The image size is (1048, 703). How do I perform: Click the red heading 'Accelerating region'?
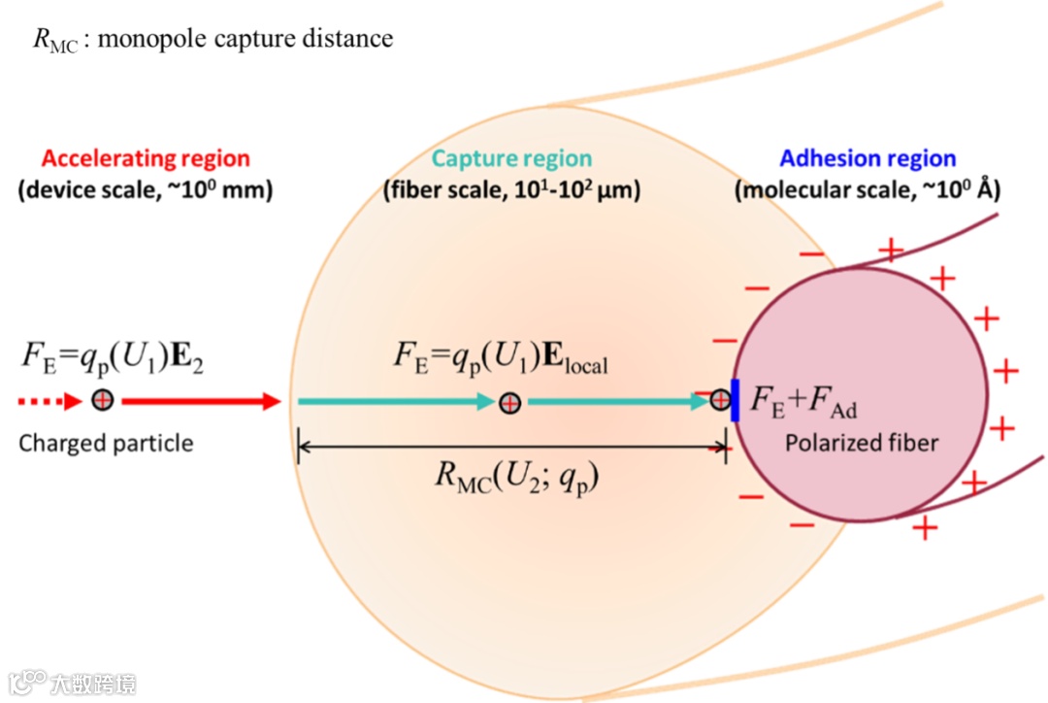146,159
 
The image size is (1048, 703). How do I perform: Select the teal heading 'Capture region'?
511,159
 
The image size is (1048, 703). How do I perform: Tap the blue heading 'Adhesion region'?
868,159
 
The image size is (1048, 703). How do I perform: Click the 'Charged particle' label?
106,444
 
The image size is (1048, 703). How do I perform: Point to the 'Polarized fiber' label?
862,444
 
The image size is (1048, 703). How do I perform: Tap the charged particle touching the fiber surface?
719,399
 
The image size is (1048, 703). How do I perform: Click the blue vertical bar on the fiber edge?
735,400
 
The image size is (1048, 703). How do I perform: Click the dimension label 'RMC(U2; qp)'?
512,476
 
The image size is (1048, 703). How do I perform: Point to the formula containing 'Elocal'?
501,358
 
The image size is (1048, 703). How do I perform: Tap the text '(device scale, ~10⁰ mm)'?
146,190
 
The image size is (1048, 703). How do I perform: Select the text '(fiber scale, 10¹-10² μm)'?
511,190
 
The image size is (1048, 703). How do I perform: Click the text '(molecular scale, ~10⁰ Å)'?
868,190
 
